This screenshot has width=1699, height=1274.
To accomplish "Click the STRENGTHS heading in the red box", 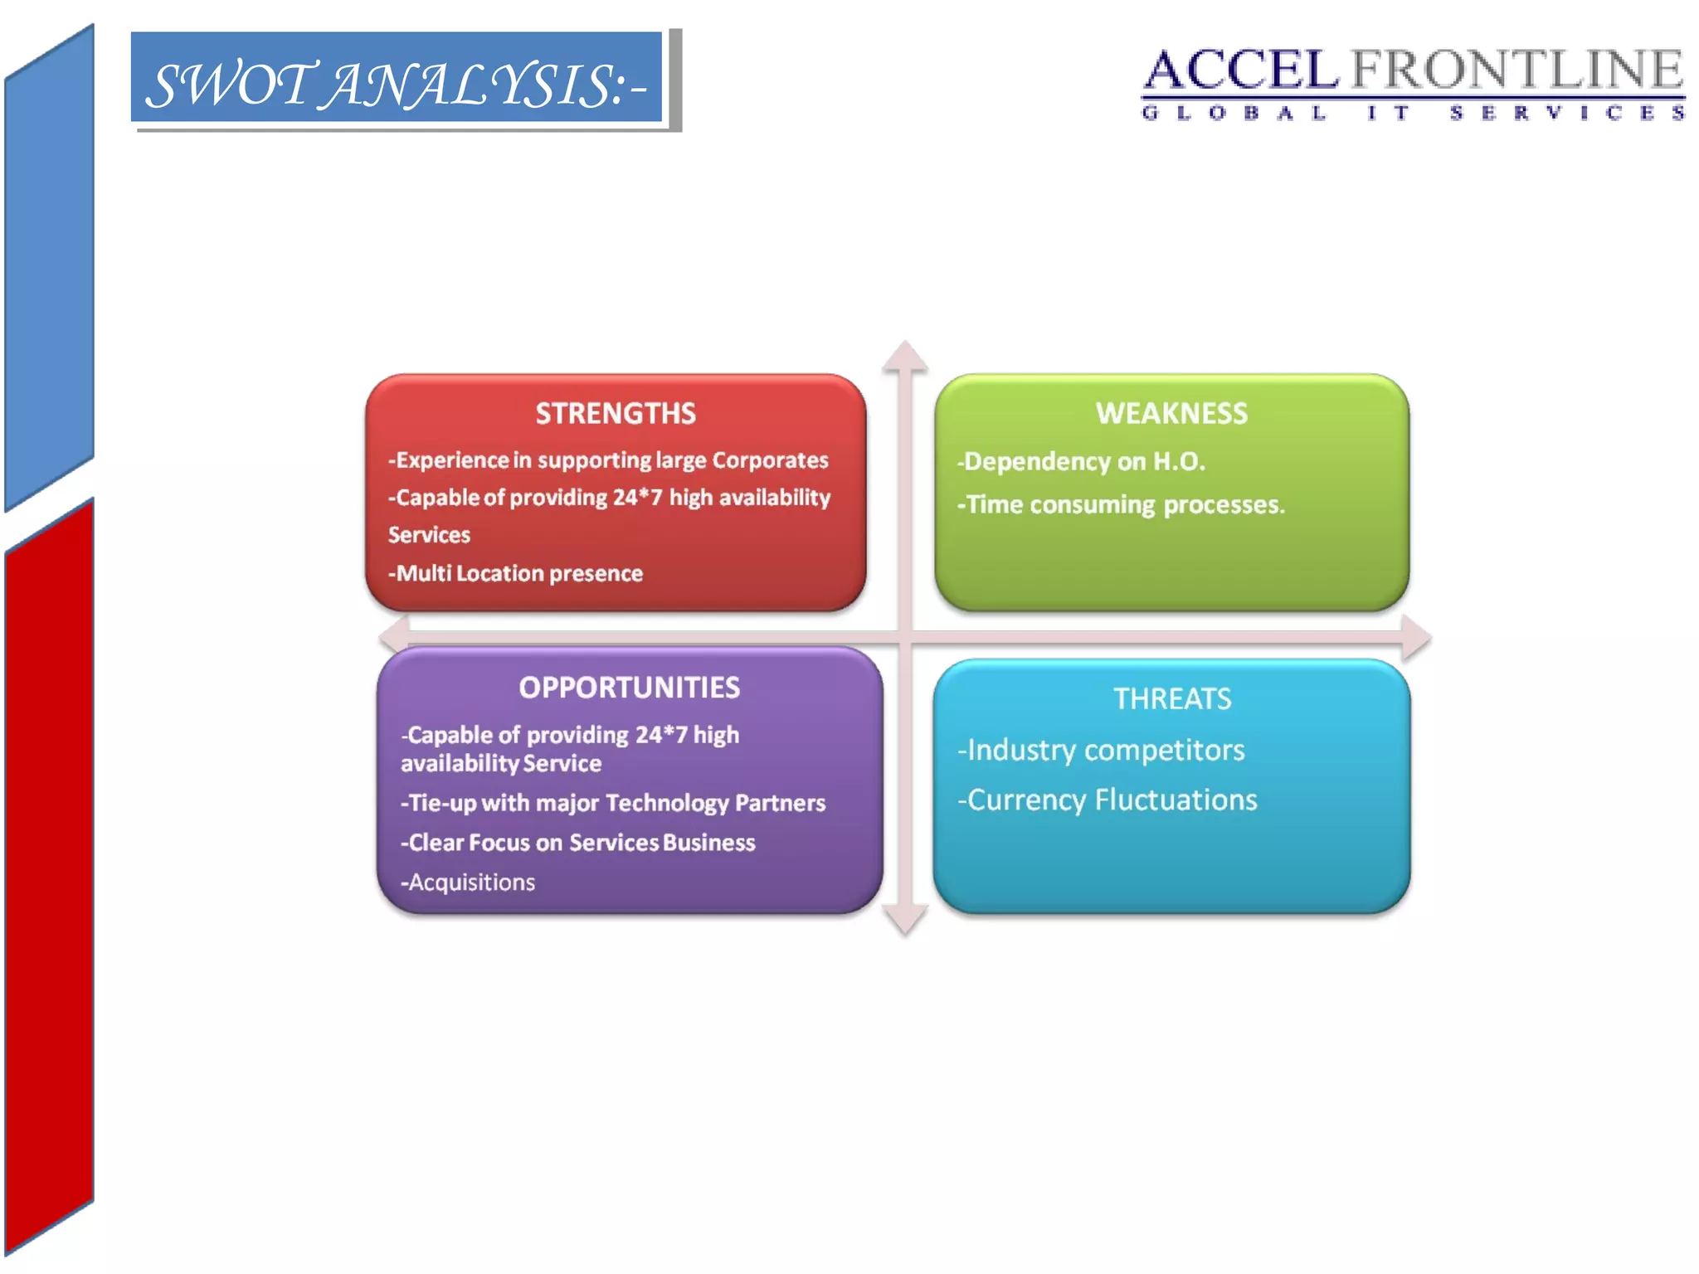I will coord(615,413).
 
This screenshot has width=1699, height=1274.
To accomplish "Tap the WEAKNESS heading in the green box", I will coord(1171,413).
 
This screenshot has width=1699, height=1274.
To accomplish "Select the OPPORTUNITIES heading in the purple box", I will coord(629,688).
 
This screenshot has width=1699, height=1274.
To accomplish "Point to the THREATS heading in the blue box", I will coord(1172,699).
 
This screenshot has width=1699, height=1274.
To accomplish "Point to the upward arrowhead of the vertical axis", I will coord(904,354).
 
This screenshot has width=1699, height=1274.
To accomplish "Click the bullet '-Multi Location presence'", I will coord(515,573).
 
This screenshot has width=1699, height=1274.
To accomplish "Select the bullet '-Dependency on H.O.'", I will coord(1081,461).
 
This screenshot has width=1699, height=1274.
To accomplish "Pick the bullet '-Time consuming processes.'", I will coord(1121,504).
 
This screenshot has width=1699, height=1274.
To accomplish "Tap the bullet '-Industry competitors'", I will coord(1101,750).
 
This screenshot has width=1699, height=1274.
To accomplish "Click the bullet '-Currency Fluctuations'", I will coord(1107,800).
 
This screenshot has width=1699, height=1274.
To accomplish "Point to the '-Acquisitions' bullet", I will coord(468,882).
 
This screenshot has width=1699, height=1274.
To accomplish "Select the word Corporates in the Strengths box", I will coord(770,460).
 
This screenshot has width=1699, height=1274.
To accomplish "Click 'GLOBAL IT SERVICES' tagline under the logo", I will coord(1413,113).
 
